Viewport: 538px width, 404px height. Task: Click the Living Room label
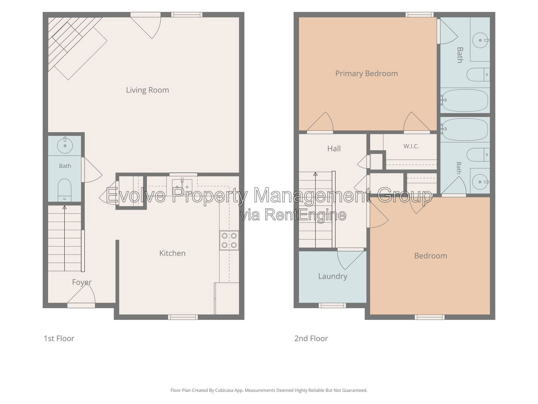147,90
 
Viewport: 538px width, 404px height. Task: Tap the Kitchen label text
172,253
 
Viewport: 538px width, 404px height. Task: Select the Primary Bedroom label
367,73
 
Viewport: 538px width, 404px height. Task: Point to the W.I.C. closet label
411,146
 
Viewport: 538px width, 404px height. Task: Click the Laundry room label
333,276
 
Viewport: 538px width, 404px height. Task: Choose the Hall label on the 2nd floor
334,149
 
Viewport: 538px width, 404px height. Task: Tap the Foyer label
81,282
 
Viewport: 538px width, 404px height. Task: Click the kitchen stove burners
229,241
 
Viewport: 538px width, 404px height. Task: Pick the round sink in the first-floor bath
65,146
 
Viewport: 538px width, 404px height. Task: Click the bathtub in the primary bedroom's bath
465,100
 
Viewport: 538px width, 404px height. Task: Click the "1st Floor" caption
59,339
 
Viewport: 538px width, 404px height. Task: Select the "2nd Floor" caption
311,339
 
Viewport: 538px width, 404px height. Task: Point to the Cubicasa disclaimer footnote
269,390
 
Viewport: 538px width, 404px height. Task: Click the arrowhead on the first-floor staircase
65,208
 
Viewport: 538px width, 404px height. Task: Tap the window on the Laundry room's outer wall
332,305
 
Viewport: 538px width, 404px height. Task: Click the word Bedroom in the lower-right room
430,256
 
